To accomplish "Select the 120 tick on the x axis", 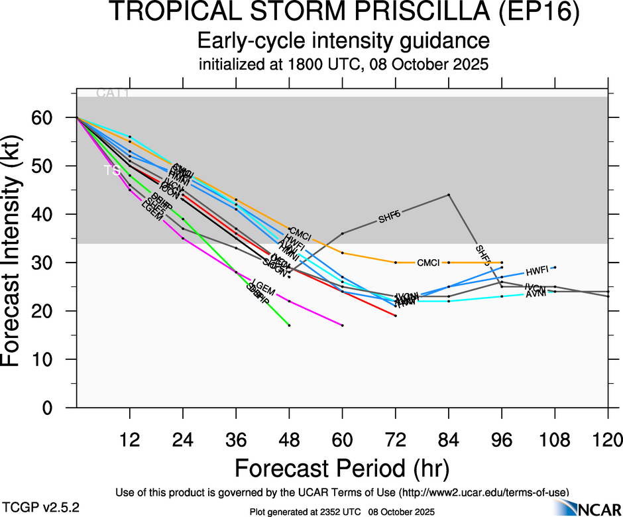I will click(608, 439).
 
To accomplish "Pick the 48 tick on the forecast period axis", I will click(289, 439).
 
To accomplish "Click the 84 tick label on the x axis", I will click(449, 439).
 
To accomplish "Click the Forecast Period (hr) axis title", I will click(343, 469).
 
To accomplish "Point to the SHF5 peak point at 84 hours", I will click(449, 195).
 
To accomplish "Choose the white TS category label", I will click(112, 171).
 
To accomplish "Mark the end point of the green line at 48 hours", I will click(290, 325).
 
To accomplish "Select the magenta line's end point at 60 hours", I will click(343, 325).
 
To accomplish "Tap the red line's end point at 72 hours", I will click(396, 316).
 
